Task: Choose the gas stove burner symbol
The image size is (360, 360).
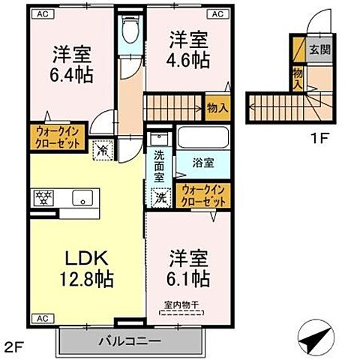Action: pyautogui.click(x=43, y=198)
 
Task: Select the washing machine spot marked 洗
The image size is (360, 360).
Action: pyautogui.click(x=160, y=198)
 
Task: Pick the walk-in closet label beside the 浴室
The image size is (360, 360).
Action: pyautogui.click(x=202, y=196)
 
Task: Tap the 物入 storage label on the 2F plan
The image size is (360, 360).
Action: pyautogui.click(x=217, y=109)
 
